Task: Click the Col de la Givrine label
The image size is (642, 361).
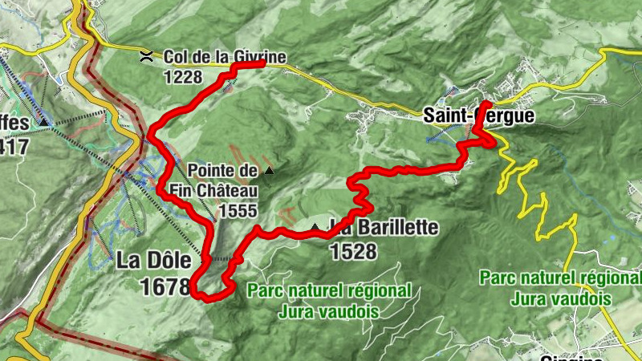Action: click(x=225, y=57)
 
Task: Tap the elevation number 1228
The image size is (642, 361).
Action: click(x=183, y=77)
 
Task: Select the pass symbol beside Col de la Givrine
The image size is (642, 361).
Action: click(x=146, y=55)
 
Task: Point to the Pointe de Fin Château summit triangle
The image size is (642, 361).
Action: click(x=269, y=170)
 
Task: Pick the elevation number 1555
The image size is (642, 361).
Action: click(x=241, y=211)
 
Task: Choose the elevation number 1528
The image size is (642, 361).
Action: click(x=353, y=251)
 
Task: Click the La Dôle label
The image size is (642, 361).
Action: click(x=154, y=261)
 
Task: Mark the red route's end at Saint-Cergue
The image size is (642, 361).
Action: click(x=488, y=104)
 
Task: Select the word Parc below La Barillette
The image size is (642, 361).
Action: click(x=268, y=290)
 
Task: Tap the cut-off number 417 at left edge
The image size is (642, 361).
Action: click(x=14, y=147)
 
